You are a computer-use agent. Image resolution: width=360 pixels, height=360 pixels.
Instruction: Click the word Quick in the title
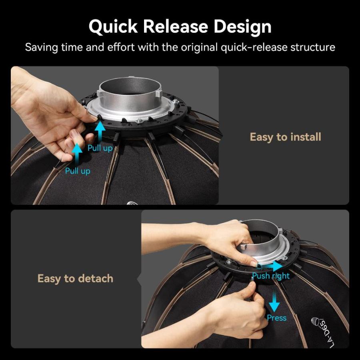pyautogui.click(x=113, y=27)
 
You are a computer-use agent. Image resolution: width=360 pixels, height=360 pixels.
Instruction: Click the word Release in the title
pyautogui.click(x=176, y=26)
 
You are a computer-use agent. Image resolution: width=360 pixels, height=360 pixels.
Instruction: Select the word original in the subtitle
pyautogui.click(x=199, y=48)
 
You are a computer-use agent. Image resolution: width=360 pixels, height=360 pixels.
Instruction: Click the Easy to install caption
pyautogui.click(x=285, y=137)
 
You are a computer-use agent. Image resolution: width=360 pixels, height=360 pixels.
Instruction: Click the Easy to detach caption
pyautogui.click(x=75, y=278)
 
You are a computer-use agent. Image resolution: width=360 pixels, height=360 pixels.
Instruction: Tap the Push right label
pyautogui.click(x=271, y=276)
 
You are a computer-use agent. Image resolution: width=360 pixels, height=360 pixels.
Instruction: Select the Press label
pyautogui.click(x=276, y=318)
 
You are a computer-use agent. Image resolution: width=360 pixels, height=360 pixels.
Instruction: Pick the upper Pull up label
pyautogui.click(x=100, y=148)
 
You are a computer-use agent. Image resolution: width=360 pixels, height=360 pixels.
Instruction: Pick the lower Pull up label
pyautogui.click(x=78, y=171)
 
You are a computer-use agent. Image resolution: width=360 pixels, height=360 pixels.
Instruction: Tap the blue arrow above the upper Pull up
pyautogui.click(x=100, y=132)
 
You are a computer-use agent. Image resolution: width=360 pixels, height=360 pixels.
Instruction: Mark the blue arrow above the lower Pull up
pyautogui.click(x=77, y=154)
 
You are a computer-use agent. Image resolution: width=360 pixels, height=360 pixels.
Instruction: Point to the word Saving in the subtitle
pyautogui.click(x=41, y=48)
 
